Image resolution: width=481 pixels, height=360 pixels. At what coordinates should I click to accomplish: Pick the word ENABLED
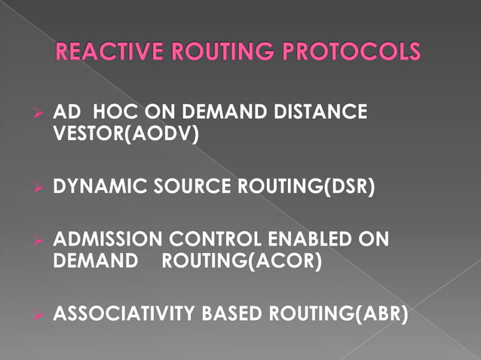pos(323,240)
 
